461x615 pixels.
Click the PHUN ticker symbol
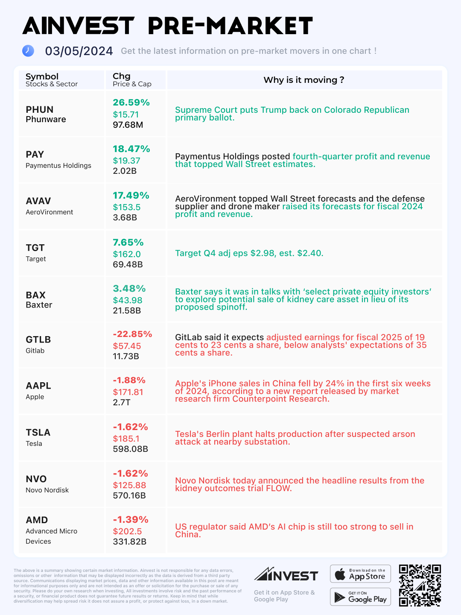pos(39,110)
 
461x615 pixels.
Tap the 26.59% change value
pos(131,102)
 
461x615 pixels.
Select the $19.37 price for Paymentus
pos(126,161)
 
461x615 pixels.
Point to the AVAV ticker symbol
pos(38,201)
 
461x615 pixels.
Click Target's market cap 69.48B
pos(128,264)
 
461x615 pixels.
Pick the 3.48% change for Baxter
pos(129,289)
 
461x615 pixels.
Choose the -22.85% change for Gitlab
pos(132,334)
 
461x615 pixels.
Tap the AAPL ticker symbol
pos(38,386)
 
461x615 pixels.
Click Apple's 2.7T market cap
pos(121,402)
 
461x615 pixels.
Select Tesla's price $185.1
pos(126,439)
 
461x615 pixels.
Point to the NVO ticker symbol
pos(36,479)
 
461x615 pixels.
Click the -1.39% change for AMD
pos(130,520)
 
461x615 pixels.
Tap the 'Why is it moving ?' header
pos(303,80)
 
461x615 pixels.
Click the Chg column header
pos(121,76)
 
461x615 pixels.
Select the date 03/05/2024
pos(79,51)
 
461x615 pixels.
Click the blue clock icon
pos(28,51)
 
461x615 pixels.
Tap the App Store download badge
pos(360,574)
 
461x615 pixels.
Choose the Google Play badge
pos(360,597)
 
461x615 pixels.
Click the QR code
pos(420,586)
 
